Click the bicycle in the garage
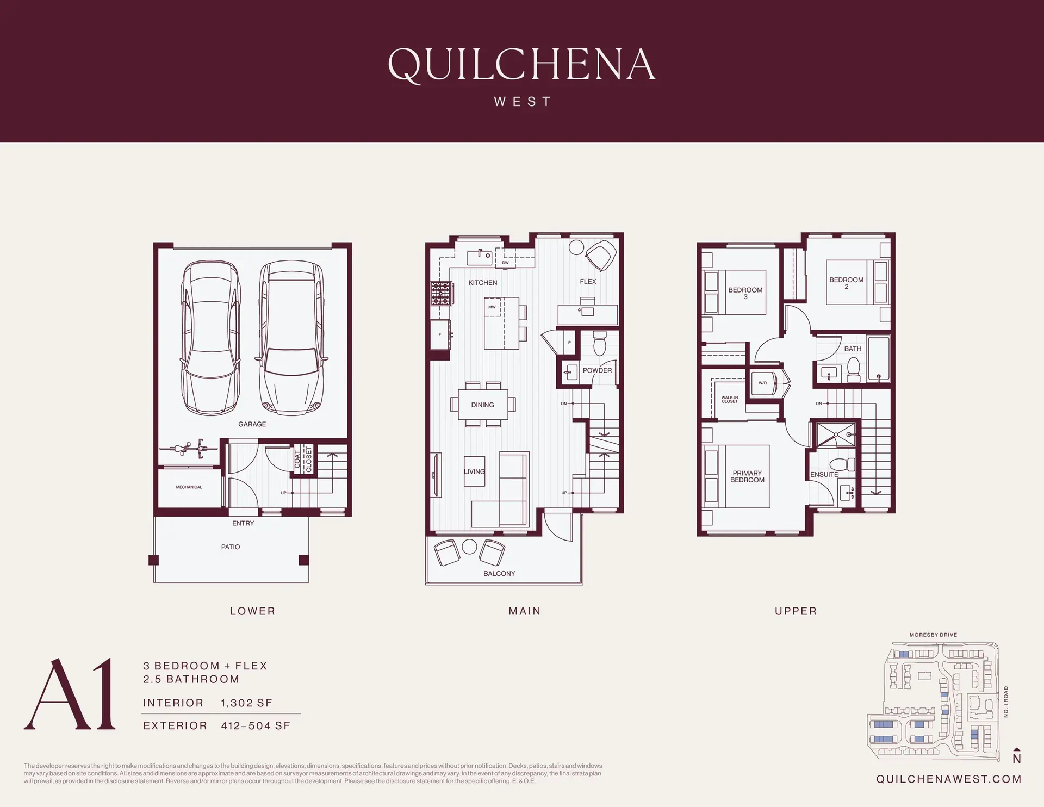pos(188,449)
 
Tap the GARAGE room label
pos(252,424)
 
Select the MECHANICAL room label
pos(189,487)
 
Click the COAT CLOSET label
pos(303,460)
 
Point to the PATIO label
pos(230,547)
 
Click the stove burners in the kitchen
pos(440,294)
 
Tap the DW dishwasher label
pos(505,263)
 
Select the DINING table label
pos(482,405)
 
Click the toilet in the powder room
pos(599,343)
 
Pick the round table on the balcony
pos(469,547)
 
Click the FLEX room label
pos(588,282)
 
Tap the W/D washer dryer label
pos(762,383)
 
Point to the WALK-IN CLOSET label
pos(730,400)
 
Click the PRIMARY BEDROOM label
pos(747,476)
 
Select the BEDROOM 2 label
pos(846,283)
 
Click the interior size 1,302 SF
pos(246,703)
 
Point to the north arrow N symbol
pos(1016,757)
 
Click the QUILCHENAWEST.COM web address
pos(948,779)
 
